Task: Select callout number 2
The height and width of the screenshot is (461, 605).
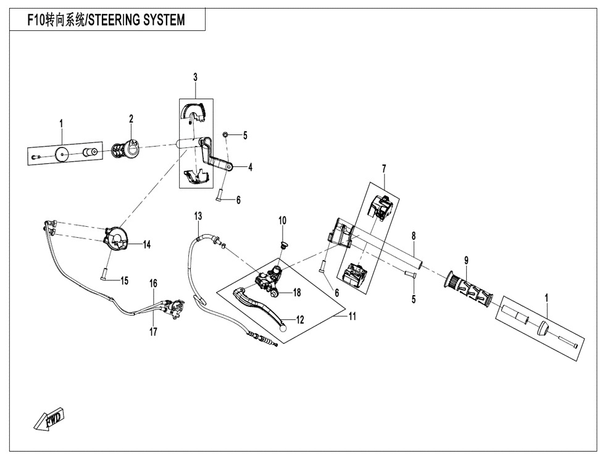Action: [x=131, y=118]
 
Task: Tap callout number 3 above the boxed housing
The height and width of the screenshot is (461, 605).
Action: [x=195, y=77]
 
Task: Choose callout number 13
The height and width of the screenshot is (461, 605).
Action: [x=198, y=216]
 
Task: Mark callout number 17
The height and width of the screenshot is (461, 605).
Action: [x=153, y=332]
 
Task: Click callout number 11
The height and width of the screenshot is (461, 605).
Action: [x=353, y=316]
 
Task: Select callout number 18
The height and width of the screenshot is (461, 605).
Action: [x=297, y=293]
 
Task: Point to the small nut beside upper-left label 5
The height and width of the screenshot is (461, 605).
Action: [x=227, y=134]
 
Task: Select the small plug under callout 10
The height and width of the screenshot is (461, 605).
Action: [x=283, y=245]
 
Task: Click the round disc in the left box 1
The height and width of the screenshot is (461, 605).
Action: [x=60, y=154]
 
